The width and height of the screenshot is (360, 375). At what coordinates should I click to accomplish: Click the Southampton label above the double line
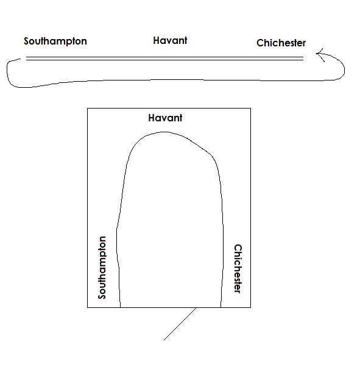click(x=55, y=41)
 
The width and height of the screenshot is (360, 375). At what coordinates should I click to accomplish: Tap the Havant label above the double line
click(x=170, y=40)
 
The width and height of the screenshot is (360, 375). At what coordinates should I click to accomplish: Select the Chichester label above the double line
click(x=281, y=43)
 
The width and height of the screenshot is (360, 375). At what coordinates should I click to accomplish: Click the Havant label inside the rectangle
click(x=165, y=118)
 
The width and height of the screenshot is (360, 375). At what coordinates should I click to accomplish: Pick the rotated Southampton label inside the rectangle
click(x=102, y=268)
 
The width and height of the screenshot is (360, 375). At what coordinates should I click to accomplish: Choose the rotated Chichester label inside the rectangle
click(x=238, y=268)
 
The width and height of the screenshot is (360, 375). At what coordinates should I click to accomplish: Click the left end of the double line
click(x=26, y=59)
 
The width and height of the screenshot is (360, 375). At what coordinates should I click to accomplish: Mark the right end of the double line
click(x=303, y=59)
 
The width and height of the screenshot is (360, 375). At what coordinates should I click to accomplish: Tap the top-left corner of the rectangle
click(x=88, y=109)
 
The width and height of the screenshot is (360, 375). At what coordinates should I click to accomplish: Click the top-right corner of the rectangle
click(x=250, y=109)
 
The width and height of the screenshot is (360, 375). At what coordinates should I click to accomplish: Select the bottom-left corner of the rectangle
click(x=88, y=307)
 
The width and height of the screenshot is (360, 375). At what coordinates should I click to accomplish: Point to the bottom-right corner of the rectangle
click(x=250, y=307)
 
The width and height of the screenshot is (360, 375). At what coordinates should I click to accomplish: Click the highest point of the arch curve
click(x=164, y=132)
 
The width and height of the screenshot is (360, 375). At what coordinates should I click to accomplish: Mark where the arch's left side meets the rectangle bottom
click(x=120, y=307)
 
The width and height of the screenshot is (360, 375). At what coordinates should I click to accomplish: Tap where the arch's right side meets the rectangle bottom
click(x=221, y=307)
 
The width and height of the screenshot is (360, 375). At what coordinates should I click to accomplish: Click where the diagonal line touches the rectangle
click(x=196, y=307)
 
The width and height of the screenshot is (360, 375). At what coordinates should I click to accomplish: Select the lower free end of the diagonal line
click(x=164, y=340)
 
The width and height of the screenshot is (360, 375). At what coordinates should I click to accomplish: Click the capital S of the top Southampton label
click(x=26, y=41)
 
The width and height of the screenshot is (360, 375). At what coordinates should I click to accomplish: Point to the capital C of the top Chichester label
click(x=260, y=43)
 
